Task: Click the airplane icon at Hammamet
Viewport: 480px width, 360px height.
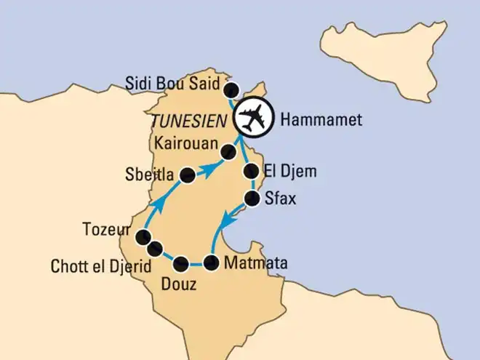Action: (252, 116)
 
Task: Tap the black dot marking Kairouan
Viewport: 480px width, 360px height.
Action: (227, 152)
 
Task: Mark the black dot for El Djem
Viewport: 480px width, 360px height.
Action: (251, 172)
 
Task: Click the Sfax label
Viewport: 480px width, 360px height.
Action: (281, 199)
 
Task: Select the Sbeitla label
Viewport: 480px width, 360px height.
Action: (149, 175)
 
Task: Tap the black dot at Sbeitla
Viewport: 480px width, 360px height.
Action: (187, 175)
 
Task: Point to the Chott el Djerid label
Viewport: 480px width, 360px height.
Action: (101, 266)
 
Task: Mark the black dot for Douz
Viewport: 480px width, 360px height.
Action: (181, 263)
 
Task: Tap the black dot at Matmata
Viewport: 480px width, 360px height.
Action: (211, 263)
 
